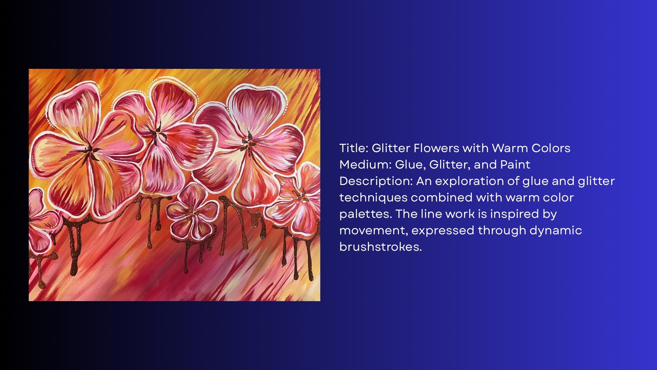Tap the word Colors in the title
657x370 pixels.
551,148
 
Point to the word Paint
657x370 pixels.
515,164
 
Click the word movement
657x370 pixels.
374,231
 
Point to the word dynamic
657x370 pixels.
556,230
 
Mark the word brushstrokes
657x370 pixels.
381,247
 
